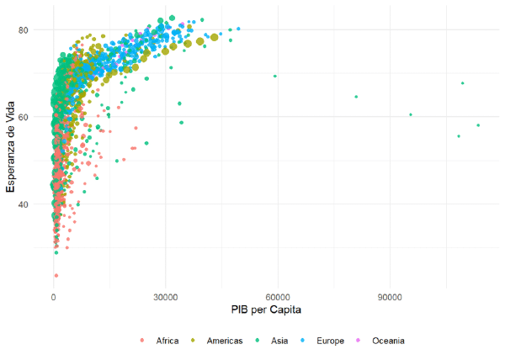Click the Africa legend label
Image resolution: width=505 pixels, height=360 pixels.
166,341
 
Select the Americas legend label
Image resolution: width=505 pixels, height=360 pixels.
226,341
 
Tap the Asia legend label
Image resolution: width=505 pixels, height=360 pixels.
282,341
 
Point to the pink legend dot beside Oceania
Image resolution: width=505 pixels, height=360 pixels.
364,341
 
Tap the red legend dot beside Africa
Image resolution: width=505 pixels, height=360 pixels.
145,341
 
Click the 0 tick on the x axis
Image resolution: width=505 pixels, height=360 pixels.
54,296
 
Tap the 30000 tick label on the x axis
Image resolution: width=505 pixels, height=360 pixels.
166,296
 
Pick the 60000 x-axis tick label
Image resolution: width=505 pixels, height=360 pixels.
278,296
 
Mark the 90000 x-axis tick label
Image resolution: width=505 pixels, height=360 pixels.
391,296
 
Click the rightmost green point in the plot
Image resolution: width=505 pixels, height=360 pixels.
478,125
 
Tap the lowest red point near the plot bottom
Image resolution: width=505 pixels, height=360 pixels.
56,275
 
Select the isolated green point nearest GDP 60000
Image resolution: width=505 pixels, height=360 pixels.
275,77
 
